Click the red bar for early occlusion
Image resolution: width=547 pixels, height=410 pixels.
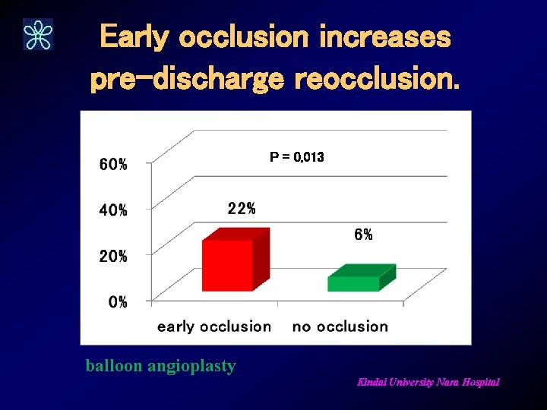[x=227, y=265]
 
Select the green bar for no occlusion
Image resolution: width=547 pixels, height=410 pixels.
[x=354, y=283]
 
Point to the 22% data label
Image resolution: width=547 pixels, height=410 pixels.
[x=242, y=209]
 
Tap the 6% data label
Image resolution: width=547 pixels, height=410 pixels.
[x=363, y=235]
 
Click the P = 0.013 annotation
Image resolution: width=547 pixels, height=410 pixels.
[x=296, y=157]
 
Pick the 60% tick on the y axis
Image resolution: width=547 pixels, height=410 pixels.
[x=113, y=164]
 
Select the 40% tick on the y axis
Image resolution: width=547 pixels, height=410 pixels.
[x=113, y=210]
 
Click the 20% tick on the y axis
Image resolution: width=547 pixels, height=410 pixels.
[x=113, y=257]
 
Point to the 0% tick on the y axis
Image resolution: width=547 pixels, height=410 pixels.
[x=118, y=302]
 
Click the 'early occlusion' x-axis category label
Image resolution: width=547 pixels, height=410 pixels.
[x=213, y=326]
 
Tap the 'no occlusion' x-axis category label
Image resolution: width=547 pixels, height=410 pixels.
[x=340, y=326]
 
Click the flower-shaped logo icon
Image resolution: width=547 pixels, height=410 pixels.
[x=38, y=34]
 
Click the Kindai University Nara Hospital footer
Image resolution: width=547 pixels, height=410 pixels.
[x=428, y=383]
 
